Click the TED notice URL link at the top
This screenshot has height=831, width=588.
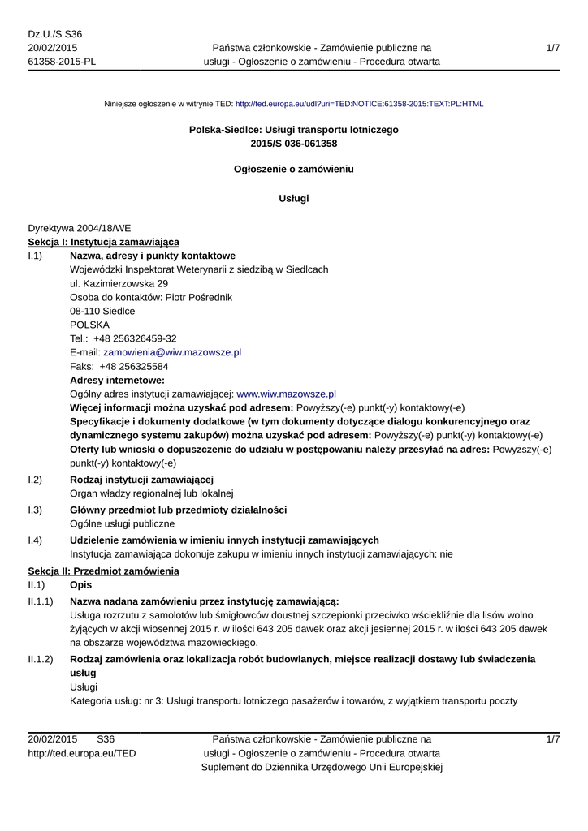pyautogui.click(x=359, y=104)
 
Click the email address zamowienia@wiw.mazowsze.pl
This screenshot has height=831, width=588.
pyautogui.click(x=172, y=352)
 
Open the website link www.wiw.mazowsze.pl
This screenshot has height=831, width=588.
pyautogui.click(x=286, y=394)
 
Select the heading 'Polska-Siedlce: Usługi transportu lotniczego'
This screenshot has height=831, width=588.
pyautogui.click(x=293, y=130)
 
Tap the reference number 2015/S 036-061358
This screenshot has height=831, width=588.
pyautogui.click(x=293, y=144)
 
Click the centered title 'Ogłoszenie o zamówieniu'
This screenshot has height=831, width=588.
pyautogui.click(x=293, y=170)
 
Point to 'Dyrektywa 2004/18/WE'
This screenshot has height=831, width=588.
pyautogui.click(x=80, y=228)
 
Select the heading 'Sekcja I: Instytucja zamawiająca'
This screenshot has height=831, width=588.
pyautogui.click(x=103, y=242)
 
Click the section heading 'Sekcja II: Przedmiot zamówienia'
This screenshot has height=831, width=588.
pyautogui.click(x=103, y=571)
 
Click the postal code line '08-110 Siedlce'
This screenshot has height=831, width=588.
pyautogui.click(x=102, y=311)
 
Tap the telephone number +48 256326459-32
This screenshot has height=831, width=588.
pyautogui.click(x=135, y=338)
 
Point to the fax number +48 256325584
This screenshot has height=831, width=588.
pyautogui.click(x=134, y=366)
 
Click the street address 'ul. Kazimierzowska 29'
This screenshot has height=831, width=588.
pyautogui.click(x=119, y=283)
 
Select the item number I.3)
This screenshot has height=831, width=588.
pyautogui.click(x=35, y=509)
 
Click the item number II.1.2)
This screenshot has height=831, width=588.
pyautogui.click(x=40, y=659)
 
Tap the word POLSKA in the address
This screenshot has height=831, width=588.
pyautogui.click(x=89, y=325)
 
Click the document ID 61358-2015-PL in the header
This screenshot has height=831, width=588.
pyautogui.click(x=61, y=62)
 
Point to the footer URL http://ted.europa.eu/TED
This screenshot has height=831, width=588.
pyautogui.click(x=81, y=753)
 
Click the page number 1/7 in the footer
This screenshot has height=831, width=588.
pyautogui.click(x=552, y=739)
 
